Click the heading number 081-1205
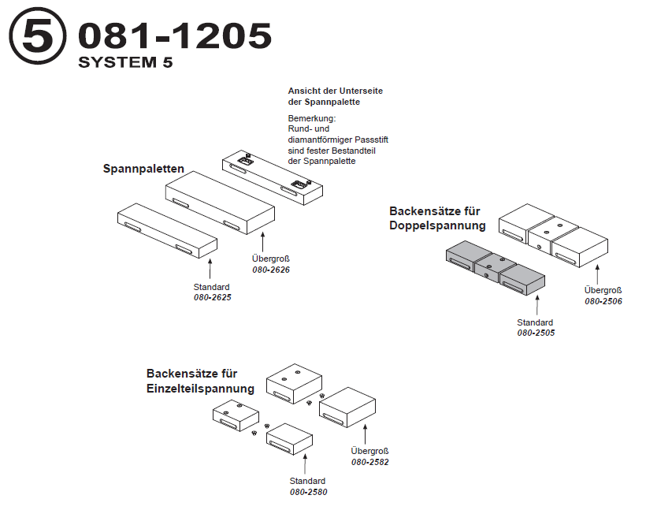pyautogui.click(x=175, y=36)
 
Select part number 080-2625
pyautogui.click(x=212, y=297)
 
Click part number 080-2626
pyautogui.click(x=270, y=270)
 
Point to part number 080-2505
pyautogui.click(x=535, y=333)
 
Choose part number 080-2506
pyautogui.click(x=603, y=301)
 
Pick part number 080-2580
pyautogui.click(x=307, y=492)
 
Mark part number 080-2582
pyautogui.click(x=369, y=462)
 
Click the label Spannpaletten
pyautogui.click(x=143, y=169)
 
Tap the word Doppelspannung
pyautogui.click(x=437, y=225)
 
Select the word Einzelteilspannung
pyautogui.click(x=200, y=388)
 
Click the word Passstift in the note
pyautogui.click(x=369, y=140)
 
